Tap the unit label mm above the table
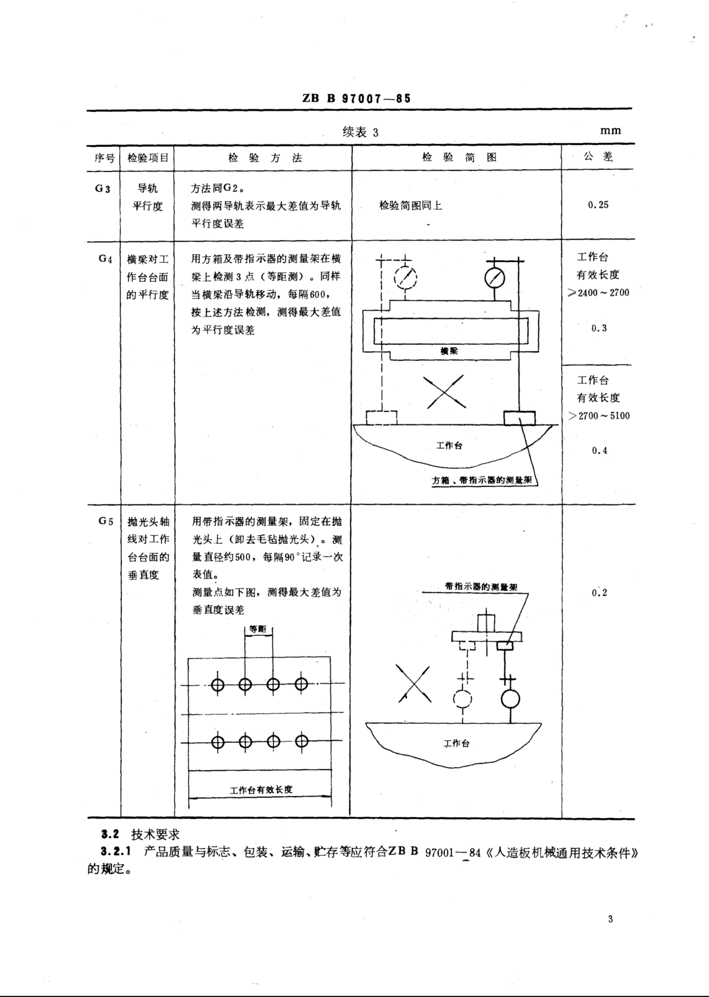(610, 130)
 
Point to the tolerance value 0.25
(598, 205)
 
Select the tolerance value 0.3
(599, 328)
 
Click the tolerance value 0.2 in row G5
(599, 593)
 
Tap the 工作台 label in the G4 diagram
(449, 446)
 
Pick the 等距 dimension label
(258, 629)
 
